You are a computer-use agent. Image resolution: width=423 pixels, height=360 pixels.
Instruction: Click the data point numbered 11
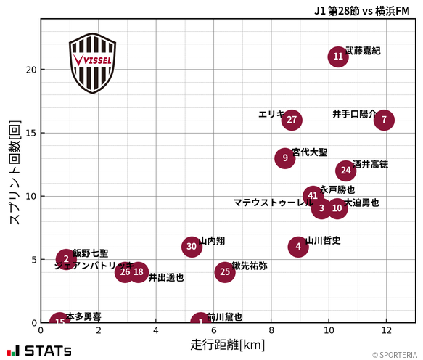(x=338, y=57)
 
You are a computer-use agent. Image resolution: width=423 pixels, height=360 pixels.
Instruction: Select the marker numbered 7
(x=384, y=120)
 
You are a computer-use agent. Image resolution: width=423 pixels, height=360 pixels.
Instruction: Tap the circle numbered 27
(x=292, y=120)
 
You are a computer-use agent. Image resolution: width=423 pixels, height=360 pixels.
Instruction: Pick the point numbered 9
(x=285, y=157)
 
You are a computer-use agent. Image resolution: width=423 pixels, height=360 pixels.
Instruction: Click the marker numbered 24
(x=346, y=171)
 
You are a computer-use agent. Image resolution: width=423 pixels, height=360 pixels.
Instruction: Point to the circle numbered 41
(x=313, y=196)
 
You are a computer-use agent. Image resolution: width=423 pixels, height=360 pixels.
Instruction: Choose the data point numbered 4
(x=298, y=247)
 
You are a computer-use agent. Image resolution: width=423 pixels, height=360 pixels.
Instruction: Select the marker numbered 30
(x=192, y=247)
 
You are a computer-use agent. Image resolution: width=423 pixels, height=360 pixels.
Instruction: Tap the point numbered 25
(x=225, y=272)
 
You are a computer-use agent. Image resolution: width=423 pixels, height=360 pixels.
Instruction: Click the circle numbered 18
(x=139, y=272)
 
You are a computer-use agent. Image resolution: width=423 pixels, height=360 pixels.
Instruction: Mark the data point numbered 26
(x=125, y=272)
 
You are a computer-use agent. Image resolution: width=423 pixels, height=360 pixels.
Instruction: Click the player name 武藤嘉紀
(x=363, y=51)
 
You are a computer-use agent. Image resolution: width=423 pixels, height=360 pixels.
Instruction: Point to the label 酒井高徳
(x=370, y=165)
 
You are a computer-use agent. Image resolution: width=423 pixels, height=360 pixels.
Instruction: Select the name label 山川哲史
(x=323, y=240)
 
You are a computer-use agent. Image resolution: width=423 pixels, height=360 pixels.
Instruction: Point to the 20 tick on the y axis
(x=31, y=70)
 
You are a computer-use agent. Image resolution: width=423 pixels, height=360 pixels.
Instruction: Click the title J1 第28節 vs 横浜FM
(x=362, y=11)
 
